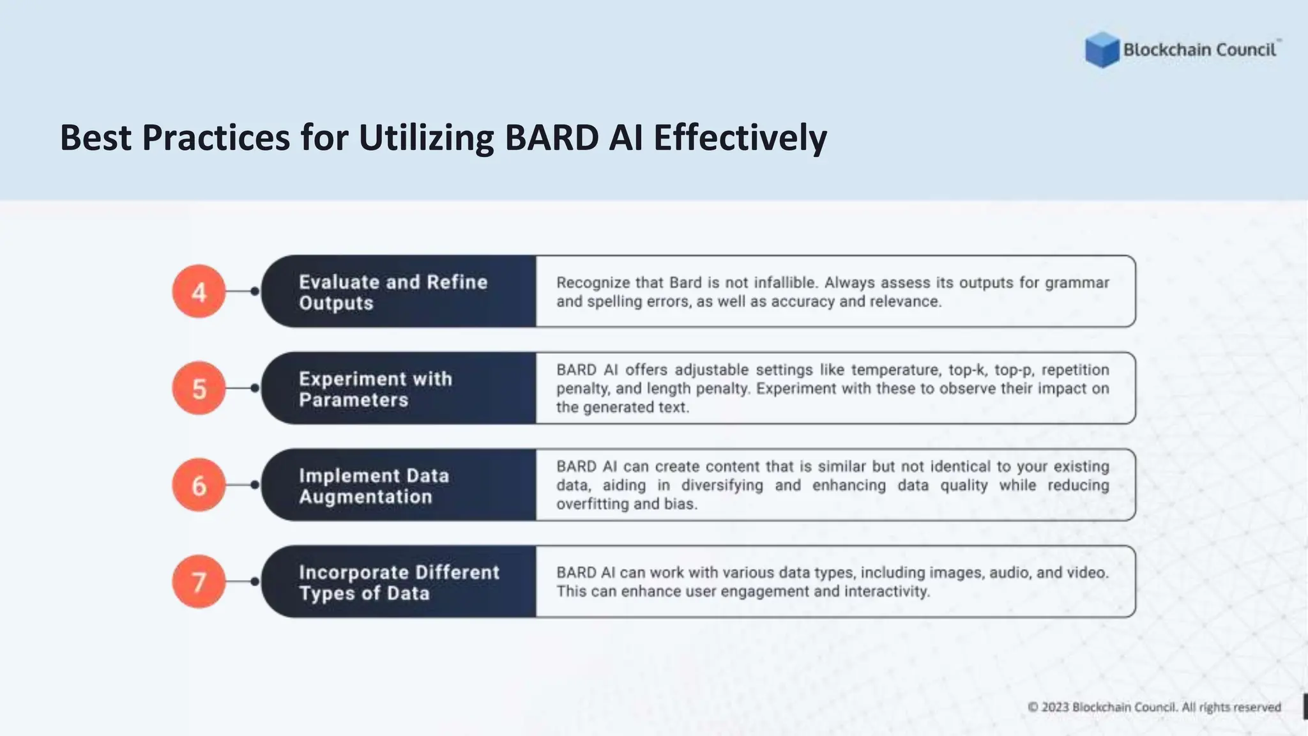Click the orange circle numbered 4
(x=199, y=292)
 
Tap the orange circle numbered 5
(x=199, y=388)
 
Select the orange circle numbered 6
(x=199, y=486)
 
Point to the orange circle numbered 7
(x=199, y=582)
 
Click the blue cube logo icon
(x=1102, y=49)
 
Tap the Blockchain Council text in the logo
(x=1199, y=50)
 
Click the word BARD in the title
(x=551, y=137)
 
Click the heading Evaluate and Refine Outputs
(x=393, y=292)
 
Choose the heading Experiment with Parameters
(x=376, y=388)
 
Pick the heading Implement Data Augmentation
(x=374, y=486)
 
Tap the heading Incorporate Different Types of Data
(x=399, y=582)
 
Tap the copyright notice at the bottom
(x=1154, y=707)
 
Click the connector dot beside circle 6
(x=255, y=485)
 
